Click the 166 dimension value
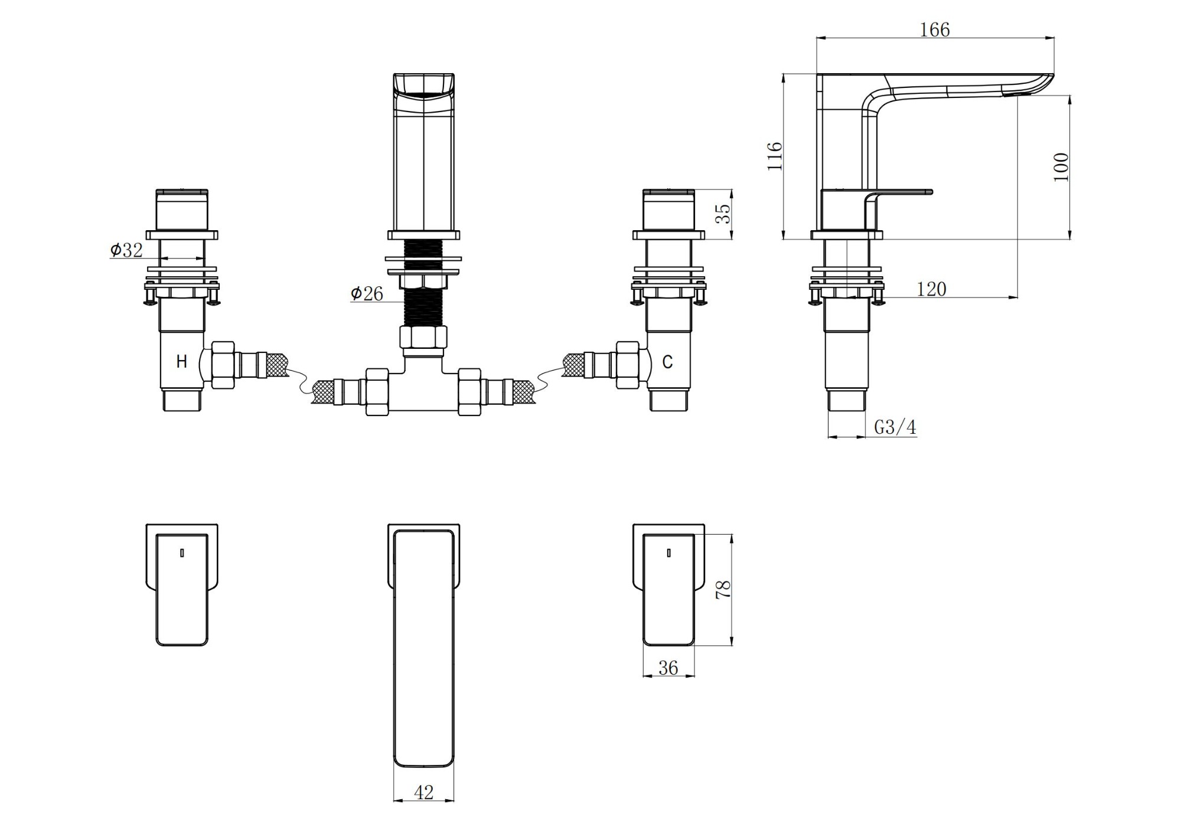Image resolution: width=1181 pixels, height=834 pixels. [x=935, y=30]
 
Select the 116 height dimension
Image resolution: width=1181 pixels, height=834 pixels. [x=775, y=156]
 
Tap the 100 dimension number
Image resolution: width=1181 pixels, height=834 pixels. [x=1061, y=167]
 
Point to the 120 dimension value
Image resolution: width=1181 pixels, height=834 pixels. [x=931, y=289]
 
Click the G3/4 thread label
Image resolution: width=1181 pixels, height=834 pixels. [x=895, y=427]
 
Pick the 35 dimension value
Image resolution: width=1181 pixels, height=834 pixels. [x=723, y=214]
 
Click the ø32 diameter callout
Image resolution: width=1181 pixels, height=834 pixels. [x=126, y=250]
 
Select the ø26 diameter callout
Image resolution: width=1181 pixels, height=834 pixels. [x=367, y=293]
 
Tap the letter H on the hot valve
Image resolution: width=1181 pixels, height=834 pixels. [x=182, y=361]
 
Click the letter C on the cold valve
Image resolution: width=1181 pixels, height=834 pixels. [x=667, y=362]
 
